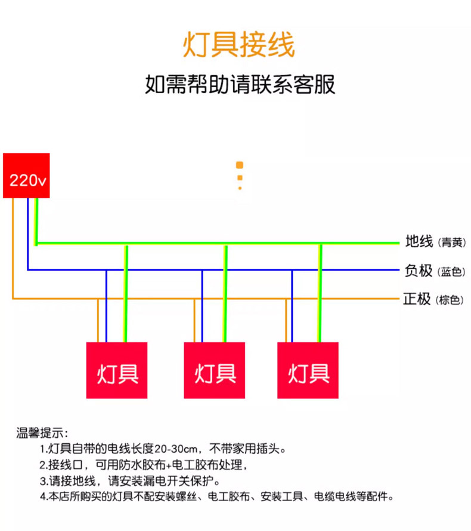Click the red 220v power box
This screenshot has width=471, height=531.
26,175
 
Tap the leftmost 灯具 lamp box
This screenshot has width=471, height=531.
117,370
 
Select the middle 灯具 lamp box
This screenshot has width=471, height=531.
214,370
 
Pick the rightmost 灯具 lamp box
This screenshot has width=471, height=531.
308,370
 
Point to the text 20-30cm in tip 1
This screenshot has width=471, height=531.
179,449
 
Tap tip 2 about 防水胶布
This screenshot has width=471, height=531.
143,465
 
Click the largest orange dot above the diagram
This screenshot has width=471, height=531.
240,165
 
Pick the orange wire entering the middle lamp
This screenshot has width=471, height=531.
194,323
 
